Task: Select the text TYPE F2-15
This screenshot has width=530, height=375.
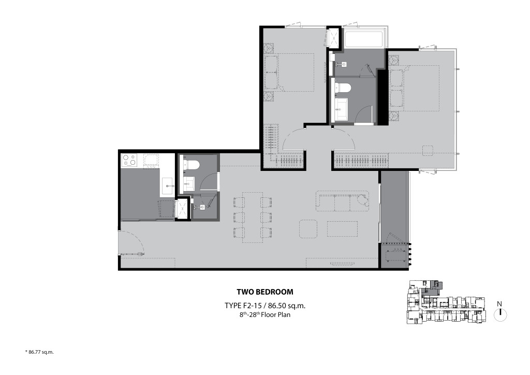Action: tap(243, 306)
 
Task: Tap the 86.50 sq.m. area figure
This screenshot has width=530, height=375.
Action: tap(284, 306)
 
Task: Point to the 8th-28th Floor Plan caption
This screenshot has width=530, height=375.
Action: tap(264, 314)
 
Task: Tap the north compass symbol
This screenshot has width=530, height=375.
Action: tap(500, 314)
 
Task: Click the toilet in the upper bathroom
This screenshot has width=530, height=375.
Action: tap(342, 88)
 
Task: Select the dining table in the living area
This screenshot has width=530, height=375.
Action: tap(252, 217)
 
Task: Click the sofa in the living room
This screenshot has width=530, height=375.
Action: tap(343, 201)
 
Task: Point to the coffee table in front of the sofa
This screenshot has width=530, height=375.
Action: tap(342, 228)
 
